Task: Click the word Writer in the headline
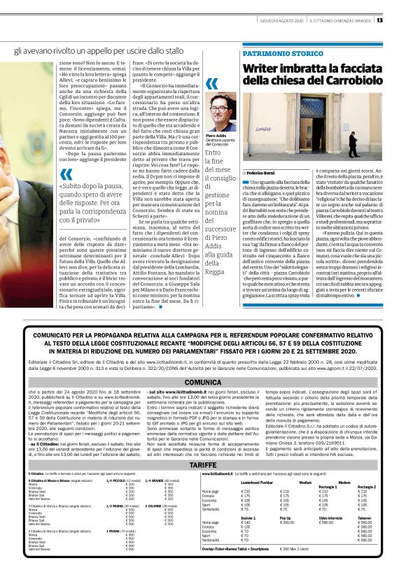pos(264,68)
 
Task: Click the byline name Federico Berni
pos(264,171)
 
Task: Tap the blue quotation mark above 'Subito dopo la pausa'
pos(66,174)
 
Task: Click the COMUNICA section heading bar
pos(202,383)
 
